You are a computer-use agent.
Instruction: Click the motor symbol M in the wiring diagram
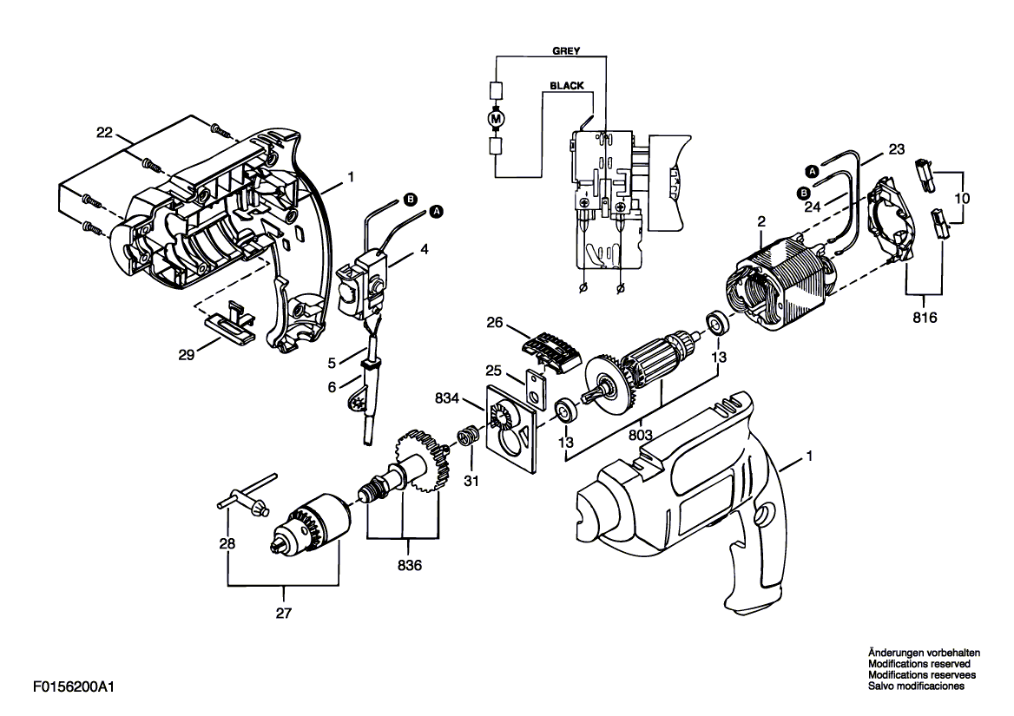(x=496, y=119)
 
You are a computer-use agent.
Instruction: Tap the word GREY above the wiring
(x=567, y=50)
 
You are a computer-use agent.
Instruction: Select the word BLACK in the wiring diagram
(x=567, y=85)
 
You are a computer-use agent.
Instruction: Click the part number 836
(x=410, y=566)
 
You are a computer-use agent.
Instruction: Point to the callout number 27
(x=284, y=614)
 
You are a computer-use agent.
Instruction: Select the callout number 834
(x=447, y=398)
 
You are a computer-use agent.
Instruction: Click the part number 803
(x=640, y=436)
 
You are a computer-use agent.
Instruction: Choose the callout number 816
(x=924, y=318)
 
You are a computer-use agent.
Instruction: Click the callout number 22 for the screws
(x=104, y=133)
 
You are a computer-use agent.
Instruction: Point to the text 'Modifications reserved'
(x=919, y=664)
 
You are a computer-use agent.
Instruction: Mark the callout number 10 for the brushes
(x=962, y=199)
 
